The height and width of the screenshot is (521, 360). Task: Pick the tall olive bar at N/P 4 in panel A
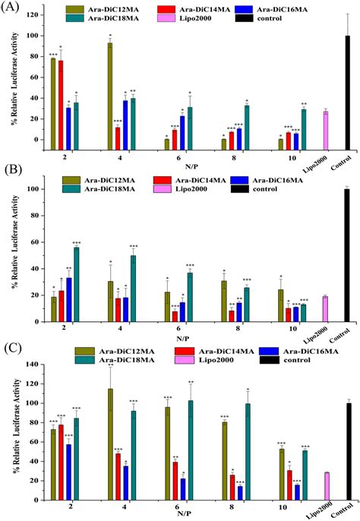pyautogui.click(x=110, y=91)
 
